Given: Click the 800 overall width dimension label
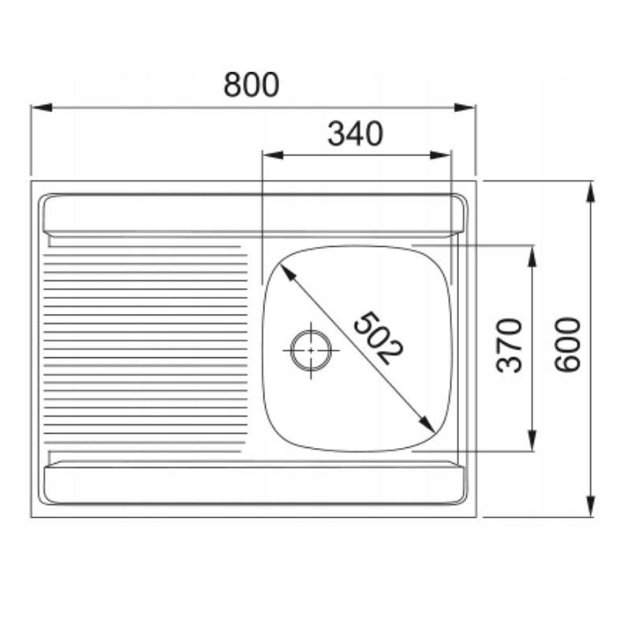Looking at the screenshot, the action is tap(251, 85).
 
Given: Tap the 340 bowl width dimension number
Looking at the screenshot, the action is tap(355, 133).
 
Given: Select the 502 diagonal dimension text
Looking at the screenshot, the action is tap(377, 338).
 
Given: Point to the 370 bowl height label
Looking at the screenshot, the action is tap(509, 345).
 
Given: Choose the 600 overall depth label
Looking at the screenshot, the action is tap(567, 345).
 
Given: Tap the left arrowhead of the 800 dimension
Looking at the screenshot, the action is tap(42, 107).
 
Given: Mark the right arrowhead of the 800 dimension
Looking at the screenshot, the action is tap(465, 107).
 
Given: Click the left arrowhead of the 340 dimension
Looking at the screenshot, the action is tap(273, 155).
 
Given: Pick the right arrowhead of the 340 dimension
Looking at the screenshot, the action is tap(440, 155).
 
